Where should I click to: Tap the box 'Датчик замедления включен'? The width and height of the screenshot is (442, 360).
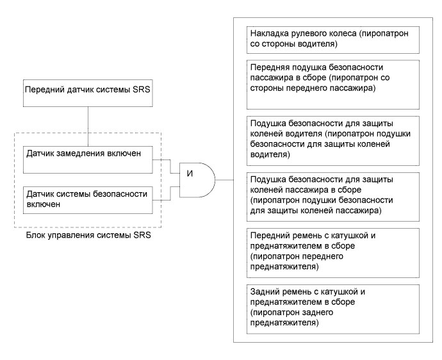88,160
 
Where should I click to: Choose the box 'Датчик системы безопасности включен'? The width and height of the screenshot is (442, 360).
88,199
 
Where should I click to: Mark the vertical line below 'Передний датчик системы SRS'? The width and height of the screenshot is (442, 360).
88,119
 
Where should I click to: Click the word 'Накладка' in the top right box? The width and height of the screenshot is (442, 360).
266,33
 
